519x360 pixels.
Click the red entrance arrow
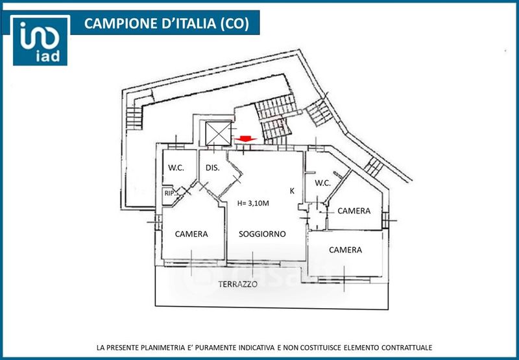click(x=246, y=139)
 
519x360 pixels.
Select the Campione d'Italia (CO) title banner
click(x=167, y=24)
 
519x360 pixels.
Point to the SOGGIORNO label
click(x=262, y=234)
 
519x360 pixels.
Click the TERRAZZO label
click(x=237, y=284)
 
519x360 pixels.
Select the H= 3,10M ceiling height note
click(x=253, y=203)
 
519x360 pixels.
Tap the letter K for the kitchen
click(x=293, y=191)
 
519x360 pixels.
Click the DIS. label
click(x=212, y=167)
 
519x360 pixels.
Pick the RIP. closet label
click(x=169, y=193)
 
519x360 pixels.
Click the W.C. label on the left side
click(x=176, y=167)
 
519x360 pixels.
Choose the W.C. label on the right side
click(x=323, y=183)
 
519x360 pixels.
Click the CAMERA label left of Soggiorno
click(x=191, y=234)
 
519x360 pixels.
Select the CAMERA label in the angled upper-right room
click(x=354, y=211)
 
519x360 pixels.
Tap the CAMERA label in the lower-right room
click(x=345, y=250)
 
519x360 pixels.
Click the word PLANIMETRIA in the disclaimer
click(x=161, y=348)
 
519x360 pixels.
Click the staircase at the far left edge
click(x=134, y=117)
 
